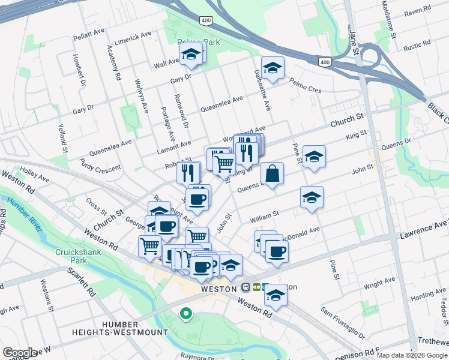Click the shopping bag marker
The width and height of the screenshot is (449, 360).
point(272,174)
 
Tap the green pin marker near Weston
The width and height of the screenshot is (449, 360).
point(186,313)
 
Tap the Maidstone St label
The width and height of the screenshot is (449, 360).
point(388,20)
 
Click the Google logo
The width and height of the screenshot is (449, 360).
point(20,353)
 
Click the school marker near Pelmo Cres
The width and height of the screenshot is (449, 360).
point(273,68)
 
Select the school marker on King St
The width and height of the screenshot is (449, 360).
point(314,157)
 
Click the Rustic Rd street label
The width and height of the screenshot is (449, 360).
point(418,46)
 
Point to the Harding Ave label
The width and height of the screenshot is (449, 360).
point(429,295)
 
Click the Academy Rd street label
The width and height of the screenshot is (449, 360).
point(114,63)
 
